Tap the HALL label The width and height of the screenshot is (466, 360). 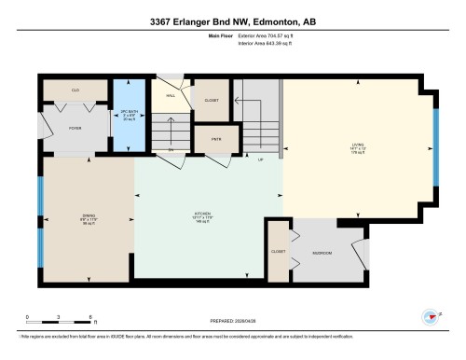click(x=171, y=96)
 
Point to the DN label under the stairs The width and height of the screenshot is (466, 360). click(x=171, y=149)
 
